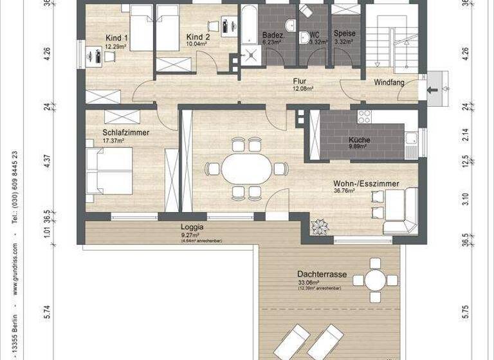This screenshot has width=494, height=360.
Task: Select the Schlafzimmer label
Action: click(x=125, y=132)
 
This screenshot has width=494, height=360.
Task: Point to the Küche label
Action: click(x=358, y=139)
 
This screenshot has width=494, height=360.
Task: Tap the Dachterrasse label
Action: click(x=322, y=274)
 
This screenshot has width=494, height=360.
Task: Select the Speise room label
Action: click(x=344, y=33)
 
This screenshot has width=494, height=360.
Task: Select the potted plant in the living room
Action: click(x=318, y=227)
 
